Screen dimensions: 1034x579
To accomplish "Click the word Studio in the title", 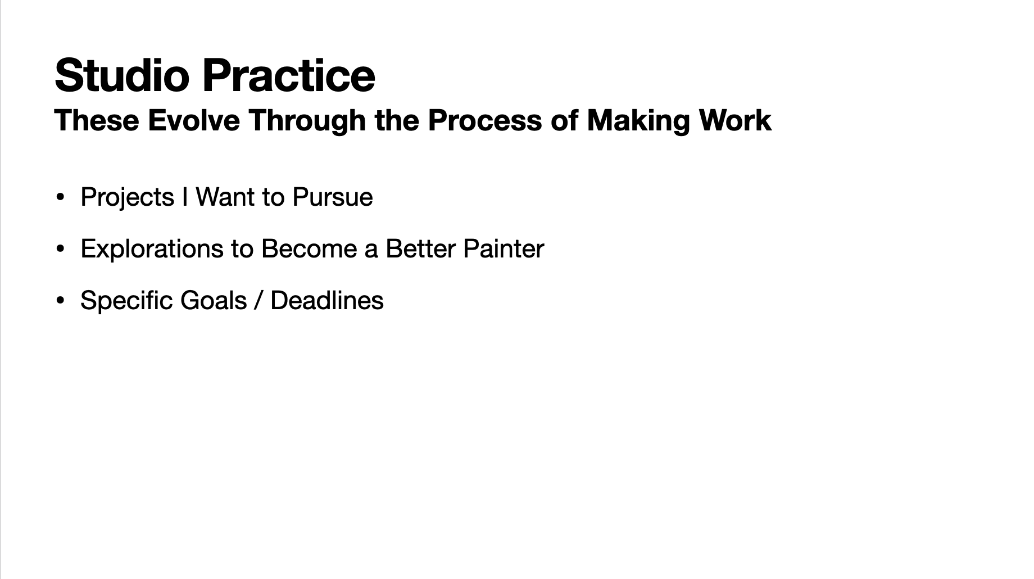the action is click(x=122, y=75).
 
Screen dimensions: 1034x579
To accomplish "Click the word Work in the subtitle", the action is click(x=735, y=120).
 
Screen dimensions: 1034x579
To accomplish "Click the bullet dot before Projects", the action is click(x=61, y=197).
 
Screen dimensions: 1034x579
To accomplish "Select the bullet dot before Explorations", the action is click(x=61, y=249).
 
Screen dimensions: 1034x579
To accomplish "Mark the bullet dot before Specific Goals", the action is click(x=61, y=301).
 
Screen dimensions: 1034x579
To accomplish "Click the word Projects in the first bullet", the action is click(x=128, y=198).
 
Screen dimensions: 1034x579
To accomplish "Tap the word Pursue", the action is click(x=333, y=197).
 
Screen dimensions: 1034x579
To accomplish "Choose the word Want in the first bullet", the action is click(x=225, y=197).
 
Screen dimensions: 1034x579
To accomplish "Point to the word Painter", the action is click(x=504, y=249).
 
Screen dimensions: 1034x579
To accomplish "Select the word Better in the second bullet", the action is click(x=421, y=249).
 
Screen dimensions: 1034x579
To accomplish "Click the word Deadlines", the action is click(x=327, y=301).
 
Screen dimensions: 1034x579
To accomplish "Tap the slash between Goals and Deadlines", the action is click(x=258, y=301).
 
